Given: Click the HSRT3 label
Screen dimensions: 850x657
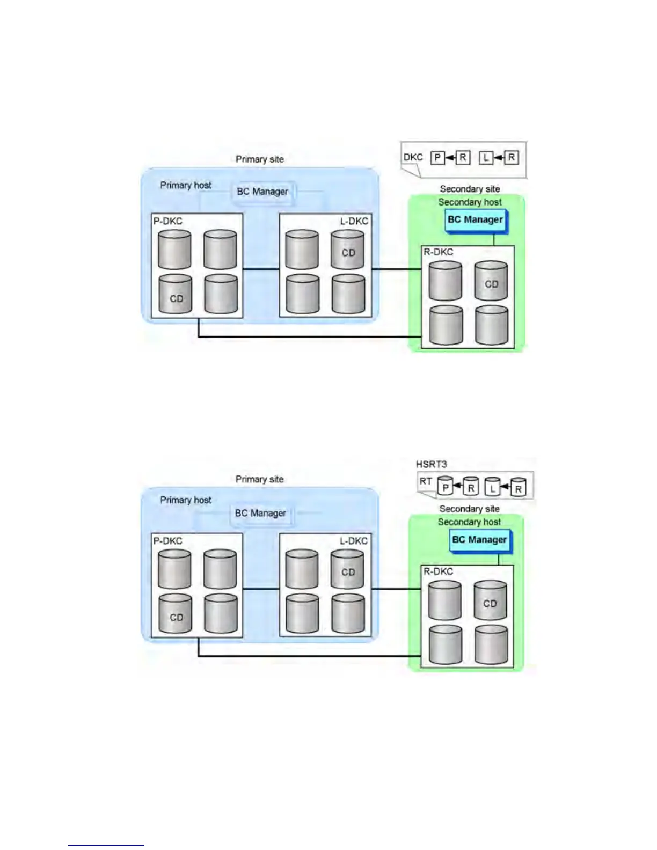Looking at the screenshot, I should tap(431, 464).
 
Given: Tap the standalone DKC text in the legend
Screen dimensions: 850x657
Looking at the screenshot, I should tap(413, 157).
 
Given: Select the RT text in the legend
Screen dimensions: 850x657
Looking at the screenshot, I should tap(426, 481).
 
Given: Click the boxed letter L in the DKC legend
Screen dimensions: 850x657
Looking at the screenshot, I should tap(486, 158).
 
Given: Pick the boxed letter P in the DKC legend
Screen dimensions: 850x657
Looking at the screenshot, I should tap(438, 158).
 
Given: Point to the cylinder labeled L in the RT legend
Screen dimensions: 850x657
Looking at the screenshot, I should tap(492, 486).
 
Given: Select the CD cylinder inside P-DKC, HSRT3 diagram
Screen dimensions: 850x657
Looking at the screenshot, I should tap(176, 614).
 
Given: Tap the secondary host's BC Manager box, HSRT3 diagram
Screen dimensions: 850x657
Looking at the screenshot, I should tap(479, 540).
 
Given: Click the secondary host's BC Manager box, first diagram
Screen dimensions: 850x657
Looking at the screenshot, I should tap(476, 220).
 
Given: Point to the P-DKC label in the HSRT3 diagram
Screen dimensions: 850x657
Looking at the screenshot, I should tap(168, 541).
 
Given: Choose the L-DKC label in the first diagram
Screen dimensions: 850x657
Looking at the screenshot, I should tap(354, 221).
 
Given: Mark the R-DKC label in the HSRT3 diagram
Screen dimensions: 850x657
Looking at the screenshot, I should tap(438, 571).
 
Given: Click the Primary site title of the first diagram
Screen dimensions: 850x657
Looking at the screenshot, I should tap(260, 159).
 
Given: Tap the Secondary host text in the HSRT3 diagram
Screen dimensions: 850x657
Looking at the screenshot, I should tap(469, 522).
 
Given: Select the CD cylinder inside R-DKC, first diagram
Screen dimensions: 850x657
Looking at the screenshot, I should tap(491, 281).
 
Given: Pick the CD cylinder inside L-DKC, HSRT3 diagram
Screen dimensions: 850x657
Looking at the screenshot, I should tap(348, 569).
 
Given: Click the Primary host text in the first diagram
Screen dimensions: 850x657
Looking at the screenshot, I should tap(186, 185).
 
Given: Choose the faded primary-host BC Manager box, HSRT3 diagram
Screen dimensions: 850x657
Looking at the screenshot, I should tap(260, 513).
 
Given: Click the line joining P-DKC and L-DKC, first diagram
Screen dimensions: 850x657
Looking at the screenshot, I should tap(261, 269).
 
